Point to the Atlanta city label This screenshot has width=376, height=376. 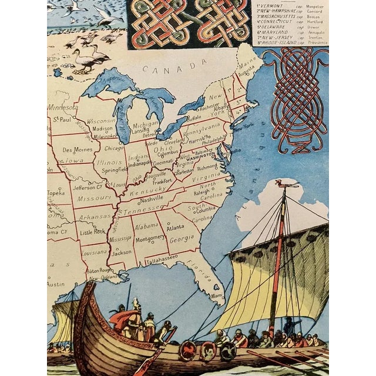pyautogui.click(x=174, y=228)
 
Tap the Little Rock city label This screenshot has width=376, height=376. pyautogui.click(x=93, y=232)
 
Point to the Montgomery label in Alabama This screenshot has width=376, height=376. pyautogui.click(x=150, y=237)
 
